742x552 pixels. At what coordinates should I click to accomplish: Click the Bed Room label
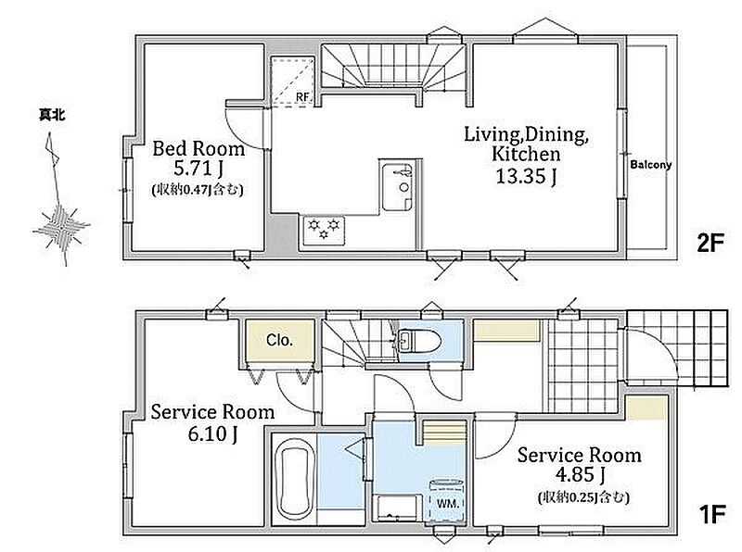198,149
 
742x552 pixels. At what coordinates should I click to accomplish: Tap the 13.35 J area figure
526,176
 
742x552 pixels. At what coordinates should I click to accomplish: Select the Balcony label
651,165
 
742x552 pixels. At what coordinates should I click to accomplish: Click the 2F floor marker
710,244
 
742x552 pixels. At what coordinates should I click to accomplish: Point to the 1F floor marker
712,514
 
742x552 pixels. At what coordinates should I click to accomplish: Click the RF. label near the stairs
303,97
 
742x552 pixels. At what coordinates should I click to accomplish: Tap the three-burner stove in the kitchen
324,231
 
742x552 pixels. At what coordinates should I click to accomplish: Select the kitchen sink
398,185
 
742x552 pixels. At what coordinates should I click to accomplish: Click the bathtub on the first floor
294,479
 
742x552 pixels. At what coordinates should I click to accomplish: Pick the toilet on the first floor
420,339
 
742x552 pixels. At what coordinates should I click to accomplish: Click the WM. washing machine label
447,504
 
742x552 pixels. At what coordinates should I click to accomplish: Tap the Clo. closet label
279,340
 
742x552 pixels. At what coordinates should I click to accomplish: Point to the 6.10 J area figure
212,433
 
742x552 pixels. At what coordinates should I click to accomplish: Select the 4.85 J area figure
581,474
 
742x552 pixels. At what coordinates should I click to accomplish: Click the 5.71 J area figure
198,168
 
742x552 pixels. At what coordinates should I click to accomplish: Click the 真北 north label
52,114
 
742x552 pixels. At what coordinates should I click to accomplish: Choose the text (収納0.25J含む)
583,497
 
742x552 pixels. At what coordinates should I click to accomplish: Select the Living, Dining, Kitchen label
526,144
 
